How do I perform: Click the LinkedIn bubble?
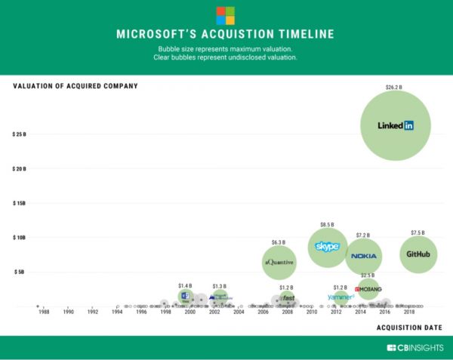[396, 125]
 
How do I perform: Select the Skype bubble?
[328, 246]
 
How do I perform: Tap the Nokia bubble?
[364, 257]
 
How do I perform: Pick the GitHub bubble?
[418, 254]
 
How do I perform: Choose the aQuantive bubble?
[279, 262]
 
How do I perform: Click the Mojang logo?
[368, 289]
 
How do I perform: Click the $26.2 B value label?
[395, 88]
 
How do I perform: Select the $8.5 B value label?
[328, 224]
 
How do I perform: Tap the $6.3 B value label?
[279, 242]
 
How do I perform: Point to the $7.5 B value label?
[418, 232]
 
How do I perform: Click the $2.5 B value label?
[368, 275]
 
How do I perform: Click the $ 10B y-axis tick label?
[20, 237]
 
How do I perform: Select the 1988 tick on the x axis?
[44, 311]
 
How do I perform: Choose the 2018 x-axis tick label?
[408, 311]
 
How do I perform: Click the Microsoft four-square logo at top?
[226, 15]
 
